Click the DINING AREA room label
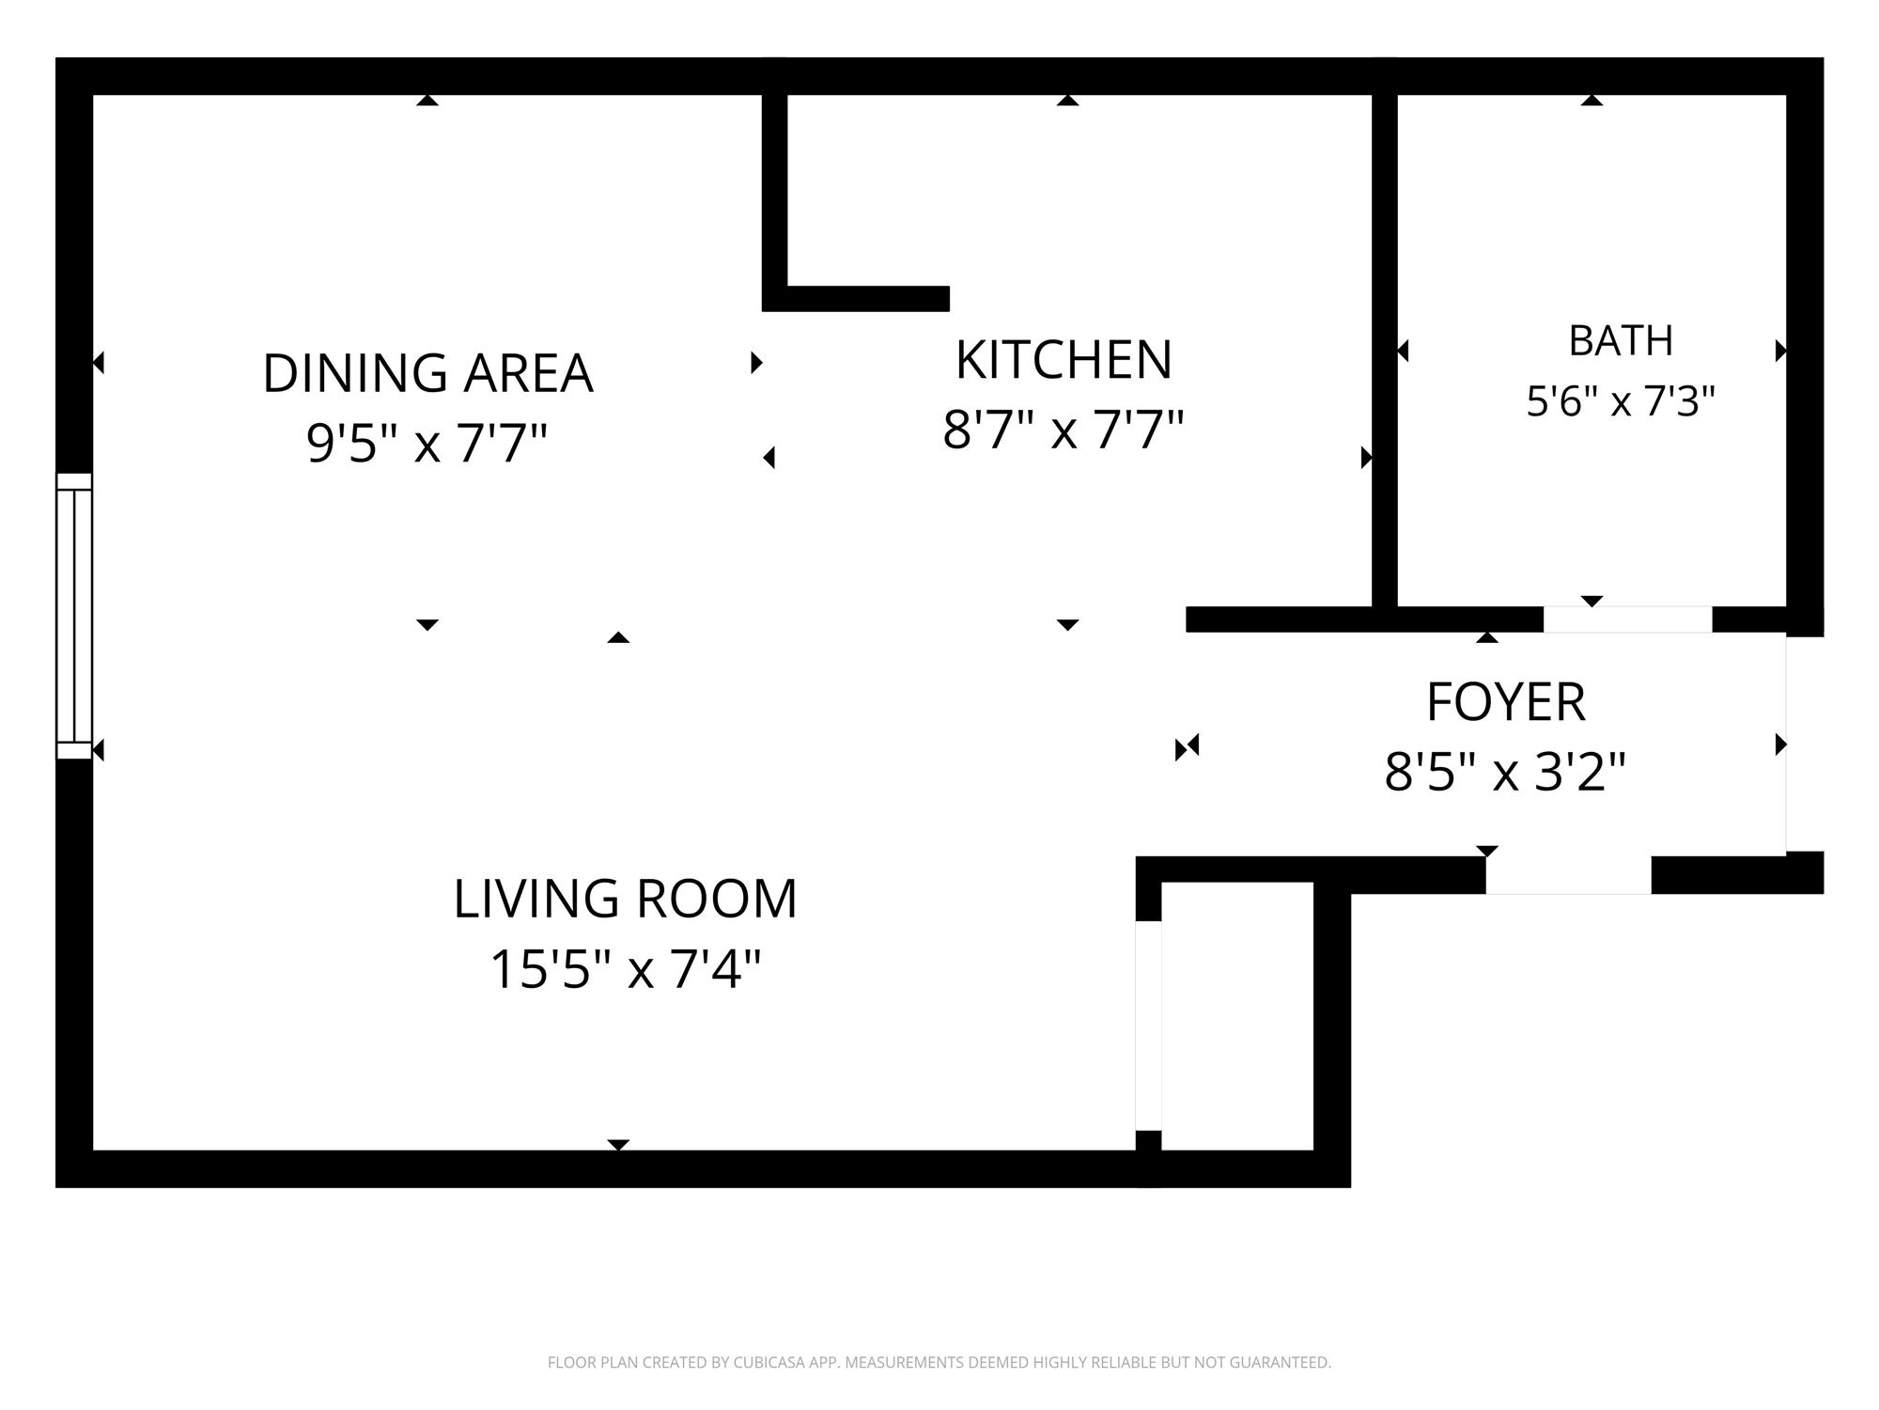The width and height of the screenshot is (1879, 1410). tap(427, 373)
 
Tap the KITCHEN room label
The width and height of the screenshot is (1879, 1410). tap(1064, 360)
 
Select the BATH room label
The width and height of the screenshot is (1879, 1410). tap(1621, 340)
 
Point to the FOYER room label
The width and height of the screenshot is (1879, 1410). tap(1506, 701)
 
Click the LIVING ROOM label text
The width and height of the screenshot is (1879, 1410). tap(625, 899)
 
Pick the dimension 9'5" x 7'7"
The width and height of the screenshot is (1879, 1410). tap(427, 443)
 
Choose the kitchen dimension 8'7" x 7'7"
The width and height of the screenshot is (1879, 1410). tap(1063, 430)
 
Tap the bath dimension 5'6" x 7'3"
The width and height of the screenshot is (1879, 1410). tap(1621, 401)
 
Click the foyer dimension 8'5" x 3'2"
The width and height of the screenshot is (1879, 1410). tap(1505, 772)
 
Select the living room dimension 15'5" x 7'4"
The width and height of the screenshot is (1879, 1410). tap(625, 969)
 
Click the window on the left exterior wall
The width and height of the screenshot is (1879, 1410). tap(74, 616)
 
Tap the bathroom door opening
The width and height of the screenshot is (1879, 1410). tap(1627, 619)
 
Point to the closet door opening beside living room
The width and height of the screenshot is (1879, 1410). tap(1148, 1026)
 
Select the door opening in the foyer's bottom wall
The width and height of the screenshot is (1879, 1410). tap(1568, 875)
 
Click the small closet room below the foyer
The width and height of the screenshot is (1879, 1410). tap(1237, 1016)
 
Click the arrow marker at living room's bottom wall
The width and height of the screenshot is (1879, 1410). tap(618, 1145)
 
